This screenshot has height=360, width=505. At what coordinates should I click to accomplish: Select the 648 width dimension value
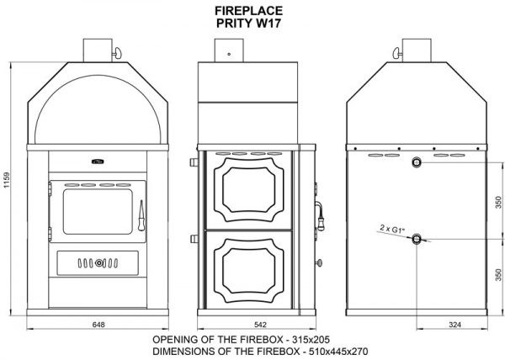coord(98,325)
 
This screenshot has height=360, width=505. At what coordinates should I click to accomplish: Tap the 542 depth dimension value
coord(260,325)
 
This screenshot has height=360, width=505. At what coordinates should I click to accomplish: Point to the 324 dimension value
coord(454,325)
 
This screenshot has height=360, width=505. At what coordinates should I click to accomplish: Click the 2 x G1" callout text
coord(392,230)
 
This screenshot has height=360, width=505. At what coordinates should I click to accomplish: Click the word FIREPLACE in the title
coord(248,11)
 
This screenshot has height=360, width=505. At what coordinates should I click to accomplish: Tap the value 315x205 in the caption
coord(311,340)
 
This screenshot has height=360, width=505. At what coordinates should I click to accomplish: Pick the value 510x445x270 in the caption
coord(338,351)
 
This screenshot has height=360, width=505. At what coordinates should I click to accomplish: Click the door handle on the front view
coord(141,216)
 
